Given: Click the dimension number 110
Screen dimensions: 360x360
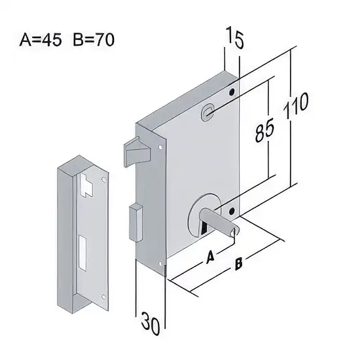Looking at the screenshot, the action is tap(296, 106).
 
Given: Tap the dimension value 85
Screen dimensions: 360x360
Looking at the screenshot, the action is tap(264, 130).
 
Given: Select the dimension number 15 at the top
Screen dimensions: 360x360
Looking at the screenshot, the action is tap(234, 37).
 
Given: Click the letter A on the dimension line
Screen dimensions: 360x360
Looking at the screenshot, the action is tap(210, 257).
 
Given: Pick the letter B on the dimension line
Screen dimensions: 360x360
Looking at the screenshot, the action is tap(238, 264).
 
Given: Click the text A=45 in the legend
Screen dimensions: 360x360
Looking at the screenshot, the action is tap(41, 40).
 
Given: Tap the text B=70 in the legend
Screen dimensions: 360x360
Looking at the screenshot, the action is tap(94, 40).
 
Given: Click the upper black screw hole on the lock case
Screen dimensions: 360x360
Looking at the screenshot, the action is tap(232, 92).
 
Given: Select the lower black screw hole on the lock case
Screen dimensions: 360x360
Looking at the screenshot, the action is tap(232, 211).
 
